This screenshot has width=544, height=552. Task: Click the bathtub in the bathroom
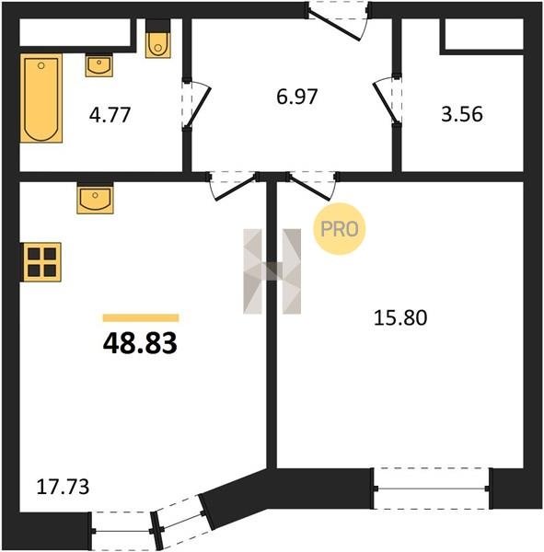pos(41,98)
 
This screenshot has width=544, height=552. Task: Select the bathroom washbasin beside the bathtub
pos(99,65)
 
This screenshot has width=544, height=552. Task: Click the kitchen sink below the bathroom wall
pos(95,198)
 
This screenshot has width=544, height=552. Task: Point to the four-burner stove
pos(41,262)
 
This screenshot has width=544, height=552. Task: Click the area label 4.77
pos(110,115)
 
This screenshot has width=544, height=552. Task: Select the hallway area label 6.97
pos(297,97)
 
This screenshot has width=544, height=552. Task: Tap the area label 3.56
pos(462,114)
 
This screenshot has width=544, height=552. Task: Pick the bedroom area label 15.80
pos(400,317)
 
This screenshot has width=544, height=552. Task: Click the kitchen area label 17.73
pos(64,487)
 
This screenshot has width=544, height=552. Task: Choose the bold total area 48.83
pos(140,343)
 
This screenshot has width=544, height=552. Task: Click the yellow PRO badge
pos(340,229)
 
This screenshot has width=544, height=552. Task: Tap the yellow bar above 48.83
pos(141,318)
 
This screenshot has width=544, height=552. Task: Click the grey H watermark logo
pos(272,271)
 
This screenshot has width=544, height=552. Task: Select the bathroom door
pos(196,104)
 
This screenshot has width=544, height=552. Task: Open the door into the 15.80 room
pos(312,186)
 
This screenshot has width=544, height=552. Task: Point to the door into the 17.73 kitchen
pos(233,186)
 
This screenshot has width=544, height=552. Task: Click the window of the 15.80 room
pos(432,489)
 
